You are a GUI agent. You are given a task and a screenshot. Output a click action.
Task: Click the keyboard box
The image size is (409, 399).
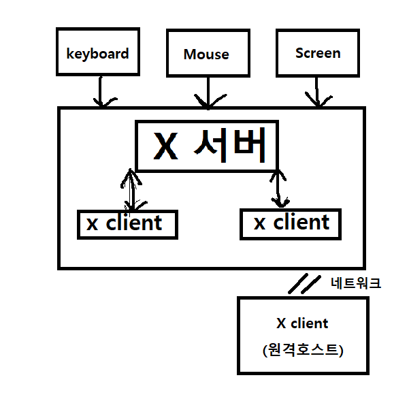tap(98, 52)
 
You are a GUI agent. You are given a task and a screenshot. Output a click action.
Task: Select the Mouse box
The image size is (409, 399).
tap(206, 53)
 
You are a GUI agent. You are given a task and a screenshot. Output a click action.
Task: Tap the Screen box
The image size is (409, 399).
tap(318, 52)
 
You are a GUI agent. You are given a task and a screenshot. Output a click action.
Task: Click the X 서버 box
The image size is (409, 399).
tap(207, 146)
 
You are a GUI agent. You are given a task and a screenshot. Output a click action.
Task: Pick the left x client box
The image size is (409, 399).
tap(127, 224)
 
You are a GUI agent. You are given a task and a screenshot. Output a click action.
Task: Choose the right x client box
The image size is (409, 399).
tap(291, 224)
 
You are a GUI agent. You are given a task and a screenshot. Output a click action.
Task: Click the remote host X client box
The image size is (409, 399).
tap(302, 336)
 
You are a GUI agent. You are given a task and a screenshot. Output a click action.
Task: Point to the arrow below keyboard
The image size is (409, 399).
tap(101, 91)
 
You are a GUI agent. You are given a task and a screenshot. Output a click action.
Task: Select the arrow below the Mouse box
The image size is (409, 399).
tap(207, 93)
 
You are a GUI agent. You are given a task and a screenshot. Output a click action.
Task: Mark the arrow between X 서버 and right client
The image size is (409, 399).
tap(277, 188)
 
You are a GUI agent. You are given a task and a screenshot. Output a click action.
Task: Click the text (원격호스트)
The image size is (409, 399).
tap(302, 351)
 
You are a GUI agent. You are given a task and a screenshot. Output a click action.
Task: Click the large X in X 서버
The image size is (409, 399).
tap(165, 146)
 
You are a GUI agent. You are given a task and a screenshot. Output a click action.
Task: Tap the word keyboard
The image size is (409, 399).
tap(98, 52)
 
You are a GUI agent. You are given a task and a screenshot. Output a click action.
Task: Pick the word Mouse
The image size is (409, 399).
tap(206, 54)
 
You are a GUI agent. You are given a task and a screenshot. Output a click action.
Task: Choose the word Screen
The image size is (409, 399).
tap(318, 52)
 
